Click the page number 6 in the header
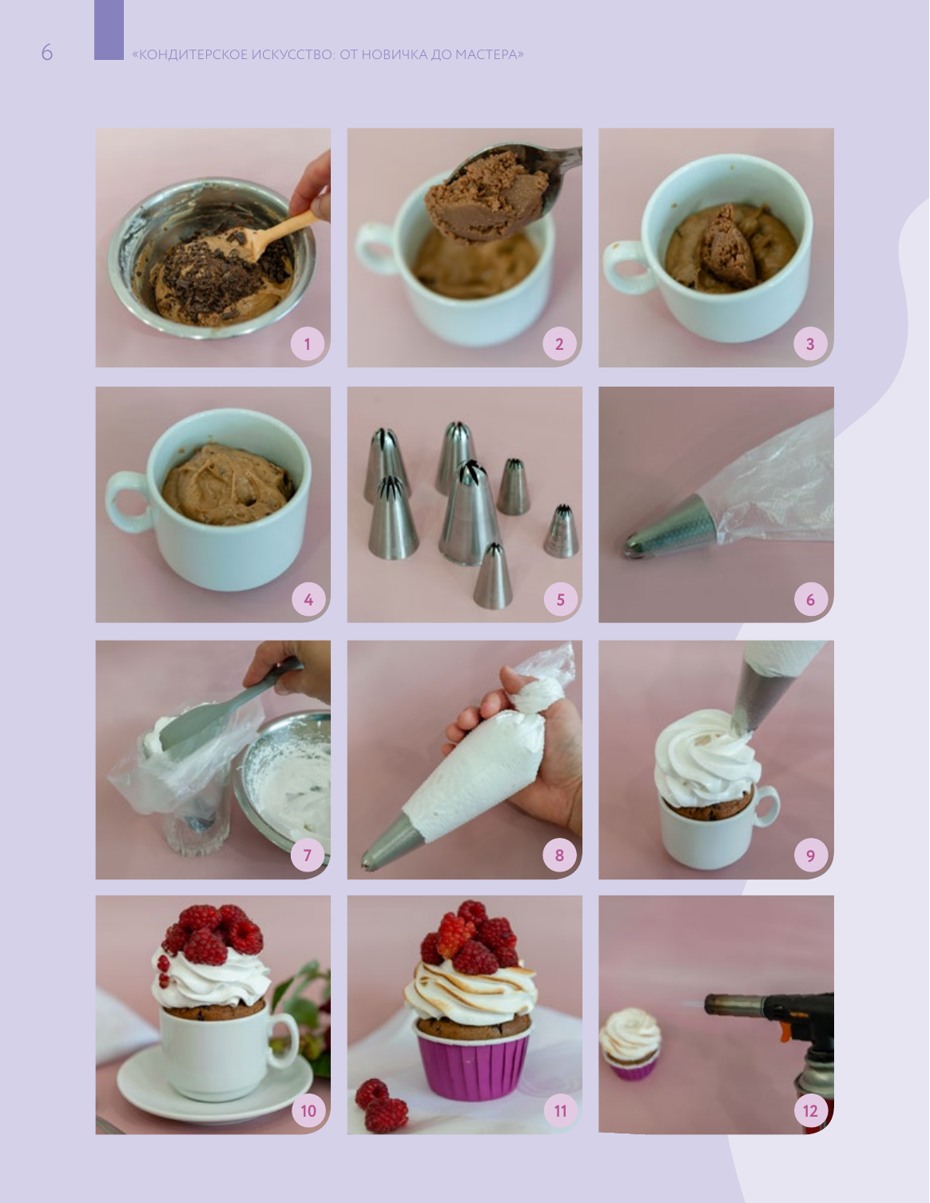click(47, 53)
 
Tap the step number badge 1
click(308, 343)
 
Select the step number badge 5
click(559, 599)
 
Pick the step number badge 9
click(810, 856)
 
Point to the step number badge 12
click(810, 1110)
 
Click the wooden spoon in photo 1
click(276, 236)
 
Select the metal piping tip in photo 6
click(670, 526)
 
